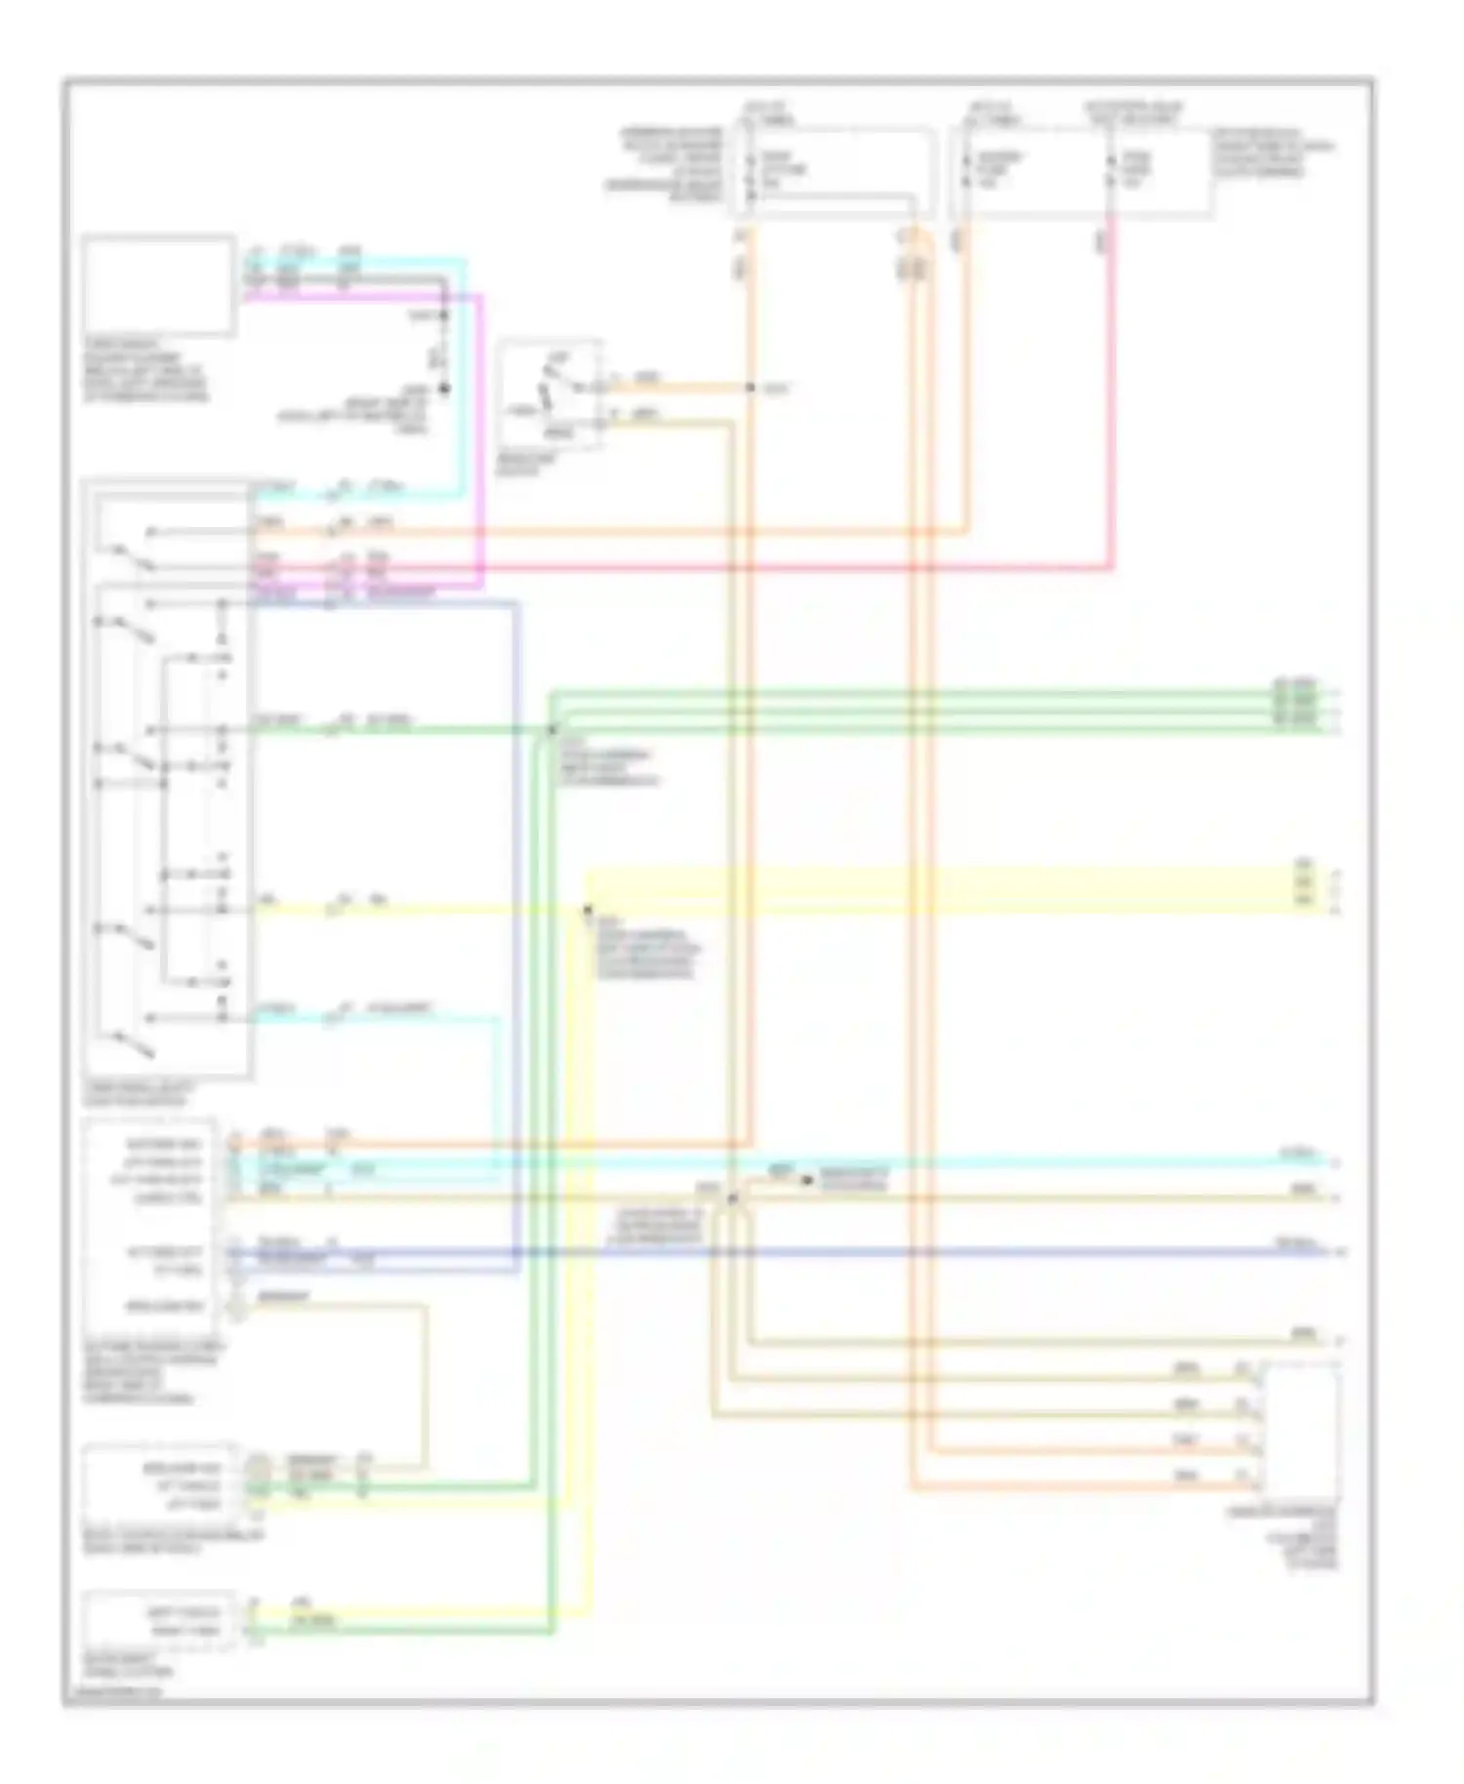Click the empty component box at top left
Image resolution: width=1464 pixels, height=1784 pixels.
point(158,284)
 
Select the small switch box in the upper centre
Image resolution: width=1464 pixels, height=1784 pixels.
point(549,394)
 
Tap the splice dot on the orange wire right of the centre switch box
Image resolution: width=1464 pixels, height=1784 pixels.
point(751,388)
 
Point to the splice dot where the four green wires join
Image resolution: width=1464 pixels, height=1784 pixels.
point(551,730)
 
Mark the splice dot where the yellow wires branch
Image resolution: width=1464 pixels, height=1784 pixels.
point(588,910)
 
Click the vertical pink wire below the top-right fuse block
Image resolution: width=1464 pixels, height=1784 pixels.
point(1114,390)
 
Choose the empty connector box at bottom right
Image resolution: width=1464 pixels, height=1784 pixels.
point(1300,1431)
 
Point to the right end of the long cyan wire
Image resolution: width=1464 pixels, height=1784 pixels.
point(1327,1161)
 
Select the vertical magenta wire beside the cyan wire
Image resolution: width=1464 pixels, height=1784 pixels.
point(481,439)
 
